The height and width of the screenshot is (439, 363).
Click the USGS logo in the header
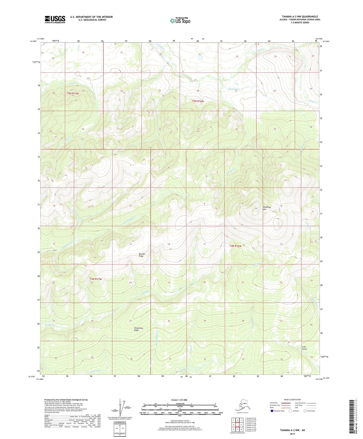tap(55, 19)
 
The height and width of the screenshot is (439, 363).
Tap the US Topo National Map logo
tap(180, 21)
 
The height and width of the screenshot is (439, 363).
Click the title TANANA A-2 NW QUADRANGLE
tap(300, 17)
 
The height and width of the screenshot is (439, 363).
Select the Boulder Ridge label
tap(142, 255)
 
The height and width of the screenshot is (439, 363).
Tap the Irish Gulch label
tap(304, 348)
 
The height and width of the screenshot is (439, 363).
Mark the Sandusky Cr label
tap(234, 89)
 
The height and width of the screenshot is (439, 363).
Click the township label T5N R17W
tap(73, 94)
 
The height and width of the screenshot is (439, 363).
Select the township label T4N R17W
tap(95, 279)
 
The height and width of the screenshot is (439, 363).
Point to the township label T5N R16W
tap(198, 101)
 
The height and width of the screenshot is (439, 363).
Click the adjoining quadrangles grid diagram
tap(237, 424)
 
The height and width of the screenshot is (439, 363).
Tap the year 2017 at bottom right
tap(292, 434)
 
